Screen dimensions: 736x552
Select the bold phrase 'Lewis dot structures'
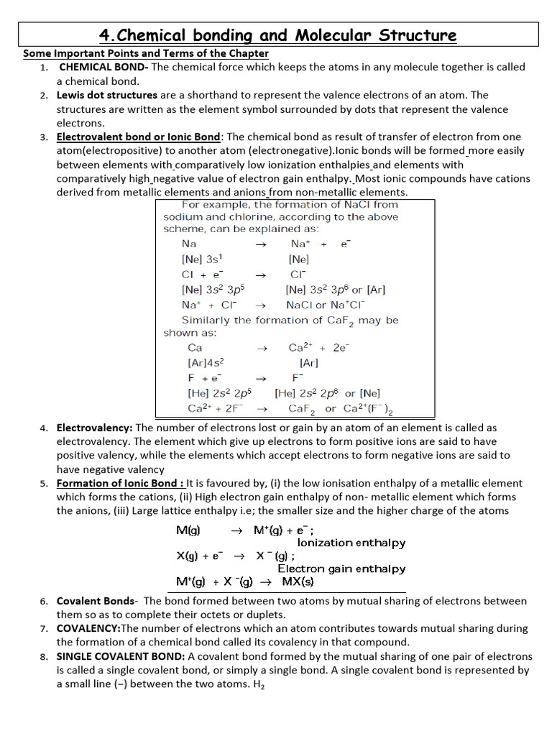click(107, 95)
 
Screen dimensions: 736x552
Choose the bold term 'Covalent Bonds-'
click(96, 601)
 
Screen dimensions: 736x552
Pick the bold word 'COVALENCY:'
click(88, 628)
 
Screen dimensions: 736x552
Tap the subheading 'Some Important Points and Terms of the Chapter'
click(146, 53)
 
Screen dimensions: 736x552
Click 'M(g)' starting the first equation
click(188, 530)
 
